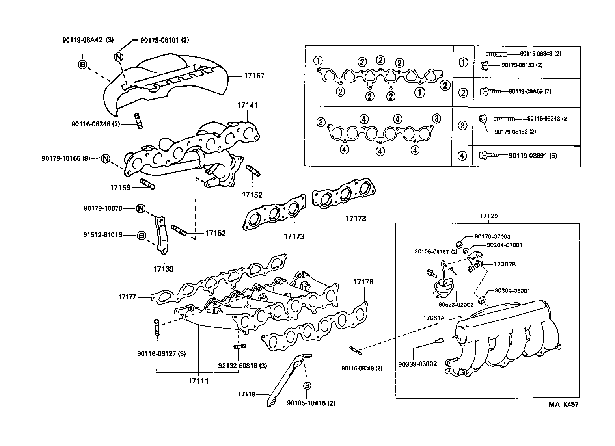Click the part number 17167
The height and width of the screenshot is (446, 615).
[254, 76]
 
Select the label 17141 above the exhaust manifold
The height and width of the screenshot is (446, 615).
[247, 105]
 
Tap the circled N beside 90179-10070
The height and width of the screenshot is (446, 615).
[141, 208]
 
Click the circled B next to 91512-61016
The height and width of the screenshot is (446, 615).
[141, 235]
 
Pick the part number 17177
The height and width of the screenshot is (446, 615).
[127, 297]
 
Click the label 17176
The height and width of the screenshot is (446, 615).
[363, 282]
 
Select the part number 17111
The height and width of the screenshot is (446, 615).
[198, 381]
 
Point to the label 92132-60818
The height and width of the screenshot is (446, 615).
[238, 366]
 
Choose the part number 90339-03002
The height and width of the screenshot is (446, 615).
[417, 364]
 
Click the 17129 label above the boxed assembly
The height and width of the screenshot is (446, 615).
[488, 216]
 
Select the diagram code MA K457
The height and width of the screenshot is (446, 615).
[564, 404]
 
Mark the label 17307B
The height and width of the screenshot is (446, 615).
[505, 264]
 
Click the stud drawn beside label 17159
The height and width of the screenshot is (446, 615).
[147, 184]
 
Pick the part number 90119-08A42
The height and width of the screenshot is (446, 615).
[82, 40]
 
